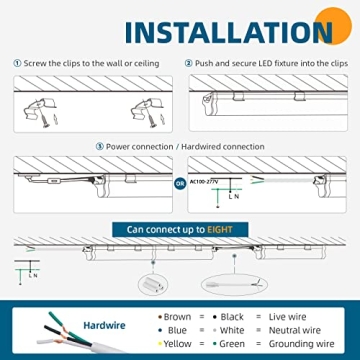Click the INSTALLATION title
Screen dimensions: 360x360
tap(229, 32)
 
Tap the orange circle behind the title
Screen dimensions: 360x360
tap(333, 25)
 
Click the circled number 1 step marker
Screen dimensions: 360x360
tap(17, 63)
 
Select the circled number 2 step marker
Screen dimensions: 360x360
tap(189, 63)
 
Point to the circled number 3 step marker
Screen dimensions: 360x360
tap(100, 147)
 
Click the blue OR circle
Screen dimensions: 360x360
tap(180, 184)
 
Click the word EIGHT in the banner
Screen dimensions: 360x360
tap(220, 230)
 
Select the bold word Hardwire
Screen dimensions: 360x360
tap(104, 325)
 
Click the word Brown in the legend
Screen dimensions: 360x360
tap(177, 317)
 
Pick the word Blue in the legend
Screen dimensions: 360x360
tap(177, 330)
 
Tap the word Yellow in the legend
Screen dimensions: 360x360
tap(177, 344)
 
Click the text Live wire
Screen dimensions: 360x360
tap(287, 317)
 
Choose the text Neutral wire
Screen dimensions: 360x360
tap(295, 330)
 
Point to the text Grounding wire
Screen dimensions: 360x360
tap(301, 344)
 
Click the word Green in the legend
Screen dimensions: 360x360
tap(232, 344)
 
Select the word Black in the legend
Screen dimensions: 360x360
tap(232, 317)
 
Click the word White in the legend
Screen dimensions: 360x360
tap(232, 330)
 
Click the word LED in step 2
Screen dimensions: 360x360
tap(266, 63)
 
